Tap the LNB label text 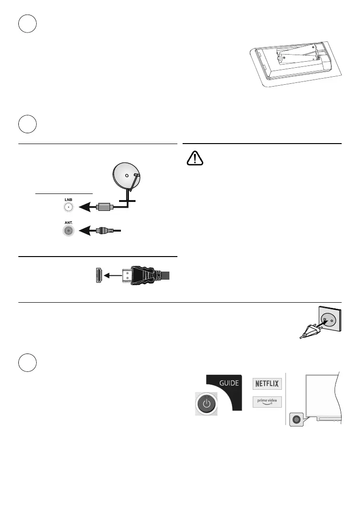(x=69, y=200)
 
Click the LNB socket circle (x=69, y=207)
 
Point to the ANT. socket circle (x=69, y=231)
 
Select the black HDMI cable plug (x=144, y=275)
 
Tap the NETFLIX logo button (x=267, y=383)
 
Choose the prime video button (x=267, y=402)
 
